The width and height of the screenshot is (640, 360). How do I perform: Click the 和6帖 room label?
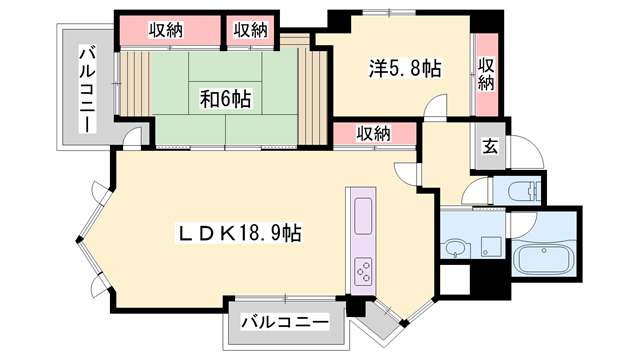click(225, 98)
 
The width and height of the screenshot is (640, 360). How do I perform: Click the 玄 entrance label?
click(491, 146)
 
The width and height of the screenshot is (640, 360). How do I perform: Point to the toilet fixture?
click(522, 192)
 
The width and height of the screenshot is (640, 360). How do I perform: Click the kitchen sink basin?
click(362, 212)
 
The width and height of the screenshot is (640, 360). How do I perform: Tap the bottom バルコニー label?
click(285, 323)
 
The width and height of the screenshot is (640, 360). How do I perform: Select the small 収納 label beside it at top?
click(251, 29)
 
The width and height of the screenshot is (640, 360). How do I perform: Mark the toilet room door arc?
click(480, 190)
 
